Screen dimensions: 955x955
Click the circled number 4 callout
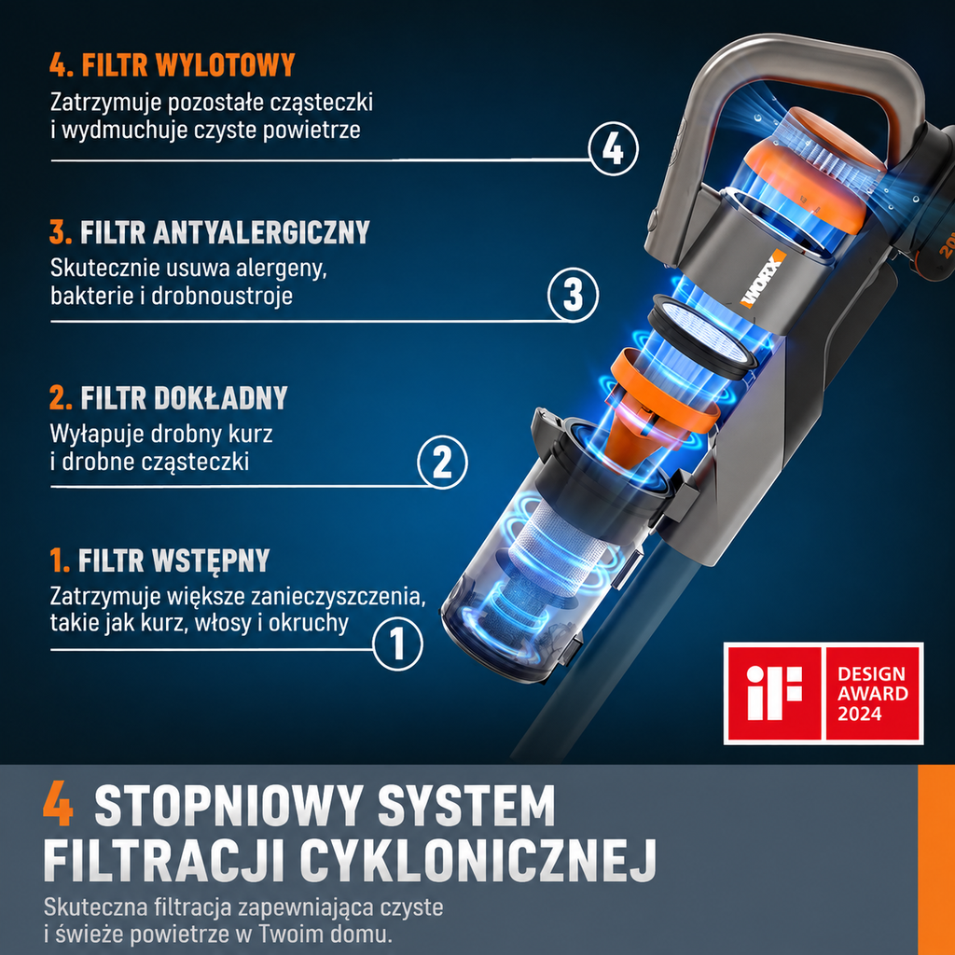tap(614, 149)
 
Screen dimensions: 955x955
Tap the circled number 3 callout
tap(573, 296)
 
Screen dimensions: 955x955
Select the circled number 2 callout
tap(442, 463)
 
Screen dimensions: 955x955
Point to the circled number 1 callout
tap(397, 644)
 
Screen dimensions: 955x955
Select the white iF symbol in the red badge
tap(773, 693)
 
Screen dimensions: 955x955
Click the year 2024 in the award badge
tap(859, 713)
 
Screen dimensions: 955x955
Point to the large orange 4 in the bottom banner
tap(59, 805)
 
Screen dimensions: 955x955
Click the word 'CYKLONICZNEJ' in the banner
tap(478, 859)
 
